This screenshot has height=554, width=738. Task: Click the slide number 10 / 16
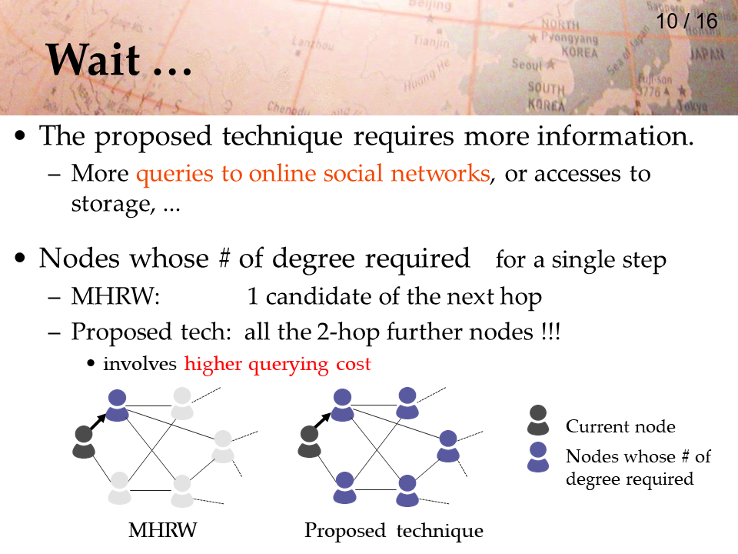point(686,22)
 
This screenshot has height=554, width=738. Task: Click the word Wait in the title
point(93,59)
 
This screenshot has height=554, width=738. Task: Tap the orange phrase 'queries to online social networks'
point(313,173)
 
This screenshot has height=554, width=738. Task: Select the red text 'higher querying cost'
point(278,364)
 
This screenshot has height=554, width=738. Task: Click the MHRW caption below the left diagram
point(163,530)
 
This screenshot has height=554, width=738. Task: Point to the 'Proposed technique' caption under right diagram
point(394,531)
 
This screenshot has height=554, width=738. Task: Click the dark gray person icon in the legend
point(538,420)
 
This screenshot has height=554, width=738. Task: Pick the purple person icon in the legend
point(538,457)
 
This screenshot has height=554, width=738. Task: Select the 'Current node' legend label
point(620,426)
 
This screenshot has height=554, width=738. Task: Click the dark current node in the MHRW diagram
point(84,442)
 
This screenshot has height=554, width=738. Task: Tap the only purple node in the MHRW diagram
point(117,405)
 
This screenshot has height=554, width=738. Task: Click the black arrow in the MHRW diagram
point(98,422)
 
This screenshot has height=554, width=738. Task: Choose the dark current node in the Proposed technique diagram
point(309,442)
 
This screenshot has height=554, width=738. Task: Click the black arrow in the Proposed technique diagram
point(323,421)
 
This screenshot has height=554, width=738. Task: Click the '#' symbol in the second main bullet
point(224,259)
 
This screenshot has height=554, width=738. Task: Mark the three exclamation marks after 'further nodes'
point(550,332)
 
